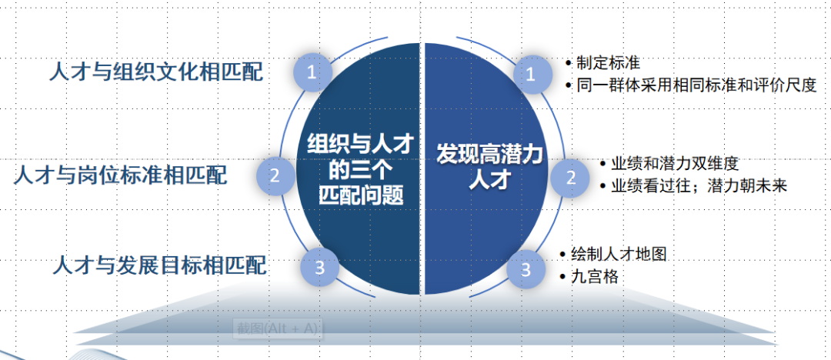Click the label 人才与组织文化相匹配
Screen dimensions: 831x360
(x=155, y=73)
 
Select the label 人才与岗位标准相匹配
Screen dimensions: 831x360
(x=121, y=175)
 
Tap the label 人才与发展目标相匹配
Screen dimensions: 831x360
(x=160, y=266)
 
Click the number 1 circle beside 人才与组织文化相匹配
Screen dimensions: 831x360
(x=312, y=72)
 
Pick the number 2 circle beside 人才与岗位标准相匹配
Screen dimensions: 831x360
(x=275, y=175)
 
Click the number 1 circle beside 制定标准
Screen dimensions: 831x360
(x=530, y=73)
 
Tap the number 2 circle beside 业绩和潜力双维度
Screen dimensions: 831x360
(x=571, y=177)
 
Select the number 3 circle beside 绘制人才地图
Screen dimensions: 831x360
(x=526, y=269)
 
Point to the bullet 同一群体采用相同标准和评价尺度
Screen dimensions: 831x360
(x=695, y=85)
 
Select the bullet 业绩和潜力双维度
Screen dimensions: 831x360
(x=674, y=164)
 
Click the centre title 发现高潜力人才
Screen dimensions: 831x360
(x=490, y=166)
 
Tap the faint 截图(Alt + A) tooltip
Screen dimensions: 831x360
(x=278, y=328)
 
